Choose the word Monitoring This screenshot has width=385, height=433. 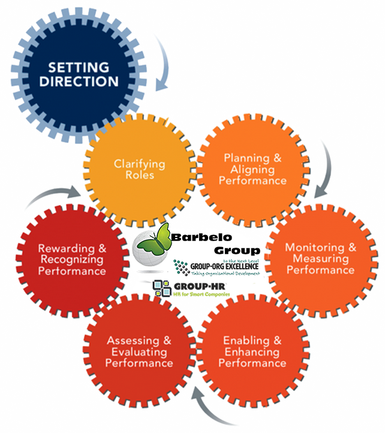pos(314,248)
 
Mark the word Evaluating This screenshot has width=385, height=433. pos(139,352)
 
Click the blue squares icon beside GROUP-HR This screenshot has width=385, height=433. pos(161,287)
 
